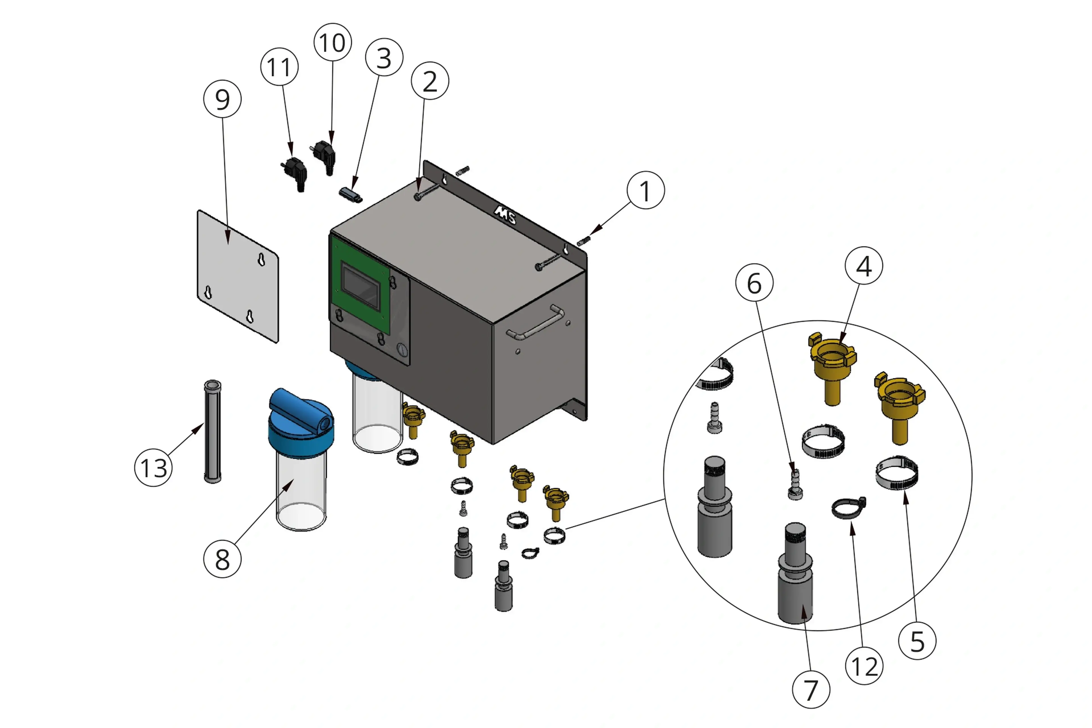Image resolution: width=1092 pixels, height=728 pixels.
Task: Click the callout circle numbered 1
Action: point(645,190)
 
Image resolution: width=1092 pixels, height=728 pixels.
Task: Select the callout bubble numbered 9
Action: point(222,99)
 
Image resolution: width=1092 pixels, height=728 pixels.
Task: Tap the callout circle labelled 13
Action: point(153,468)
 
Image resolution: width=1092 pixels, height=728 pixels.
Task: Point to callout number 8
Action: point(222,559)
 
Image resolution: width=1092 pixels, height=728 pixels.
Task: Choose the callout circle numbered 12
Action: point(864,666)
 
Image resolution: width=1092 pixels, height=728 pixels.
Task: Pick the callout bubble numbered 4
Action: point(864,266)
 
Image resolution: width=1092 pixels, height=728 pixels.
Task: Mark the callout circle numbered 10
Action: point(332,42)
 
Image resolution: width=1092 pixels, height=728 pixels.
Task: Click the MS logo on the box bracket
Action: point(505,214)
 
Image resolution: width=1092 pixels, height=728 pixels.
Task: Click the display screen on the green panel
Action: point(361,286)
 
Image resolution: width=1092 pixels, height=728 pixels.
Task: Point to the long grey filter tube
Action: point(213,432)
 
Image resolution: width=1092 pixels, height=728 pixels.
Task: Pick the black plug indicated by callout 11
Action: point(295,173)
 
